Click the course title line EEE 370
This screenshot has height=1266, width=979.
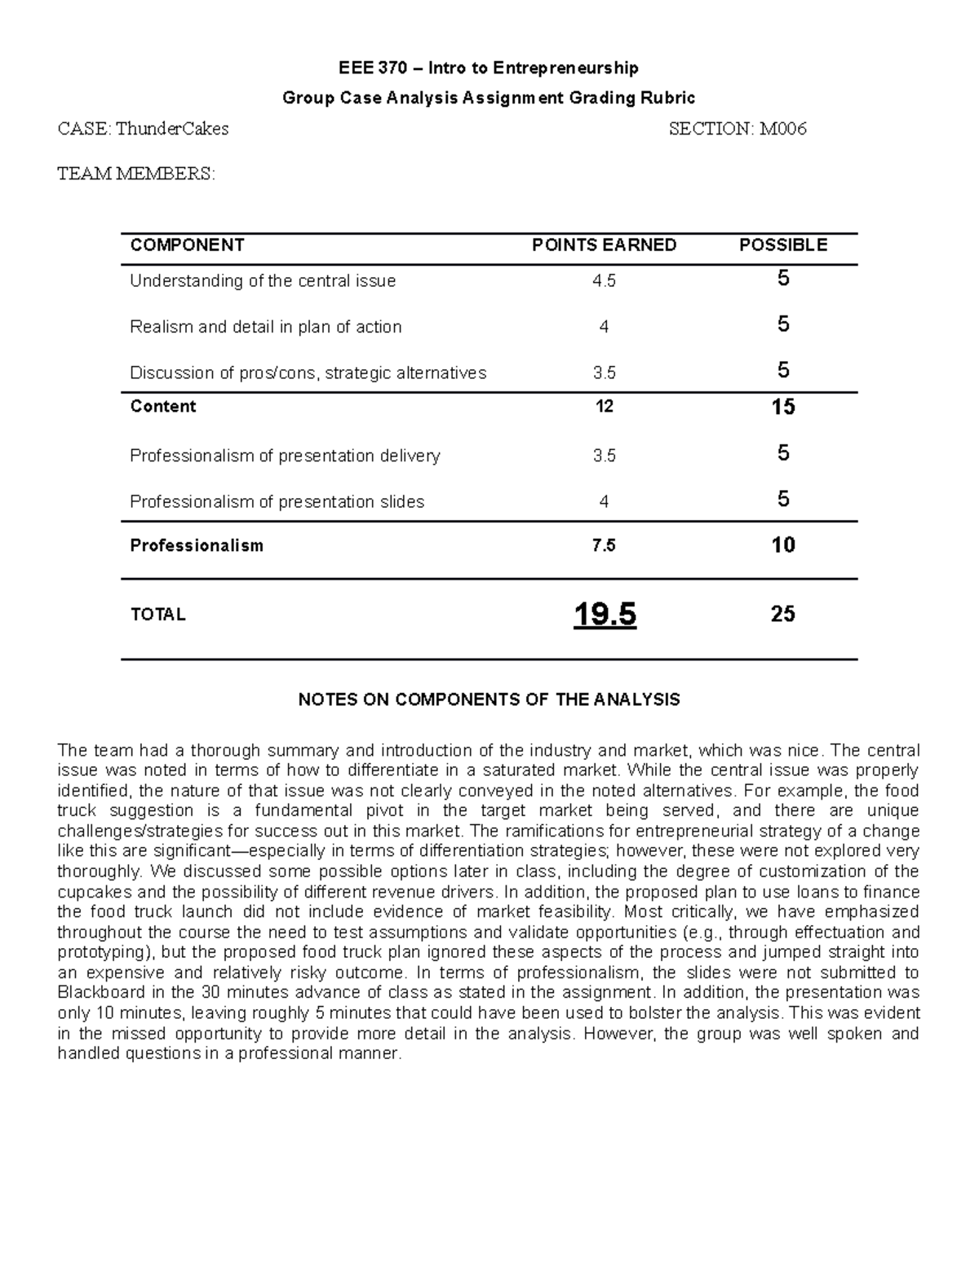click(x=489, y=68)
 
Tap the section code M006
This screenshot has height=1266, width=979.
click(x=783, y=129)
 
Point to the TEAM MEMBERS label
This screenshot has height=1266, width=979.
click(x=136, y=174)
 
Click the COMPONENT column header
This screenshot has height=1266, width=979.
click(x=187, y=245)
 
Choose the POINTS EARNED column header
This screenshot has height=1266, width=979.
click(x=604, y=245)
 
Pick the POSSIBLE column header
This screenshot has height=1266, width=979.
click(x=782, y=245)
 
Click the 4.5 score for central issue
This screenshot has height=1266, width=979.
click(x=604, y=281)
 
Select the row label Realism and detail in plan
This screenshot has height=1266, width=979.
click(x=266, y=327)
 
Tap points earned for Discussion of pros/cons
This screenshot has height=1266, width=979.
click(x=604, y=373)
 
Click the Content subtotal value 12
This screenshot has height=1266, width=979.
click(x=604, y=407)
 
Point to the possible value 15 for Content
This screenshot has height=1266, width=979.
click(x=782, y=407)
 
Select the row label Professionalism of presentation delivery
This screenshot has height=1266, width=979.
click(x=285, y=456)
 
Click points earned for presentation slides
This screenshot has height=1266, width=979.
click(x=604, y=502)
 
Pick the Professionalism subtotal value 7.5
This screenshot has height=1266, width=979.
click(x=604, y=546)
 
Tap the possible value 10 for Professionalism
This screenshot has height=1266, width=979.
click(x=782, y=545)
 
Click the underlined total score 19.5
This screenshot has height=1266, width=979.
click(x=605, y=615)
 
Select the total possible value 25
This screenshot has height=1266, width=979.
click(x=782, y=615)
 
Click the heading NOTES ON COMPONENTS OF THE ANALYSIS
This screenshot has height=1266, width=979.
click(x=489, y=700)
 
